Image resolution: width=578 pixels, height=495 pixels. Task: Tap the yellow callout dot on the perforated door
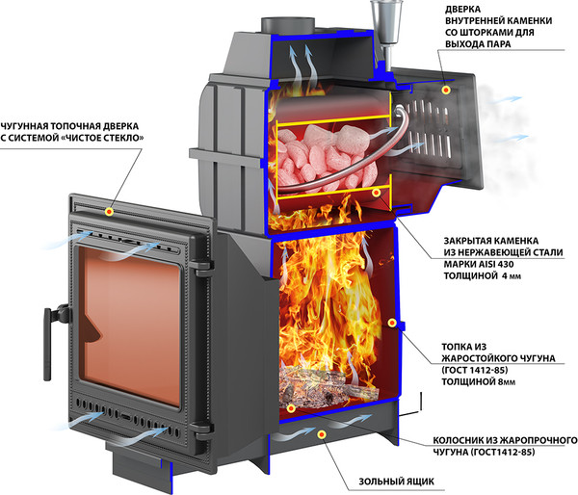point(447,89)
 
